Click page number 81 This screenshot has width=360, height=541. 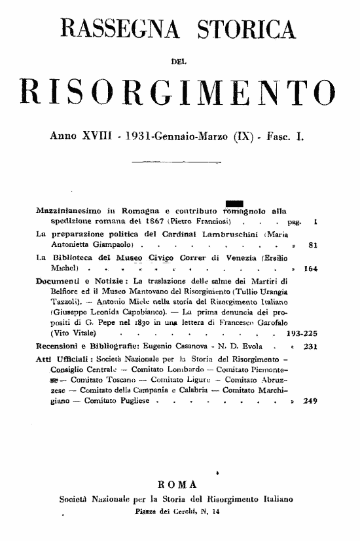tap(312, 246)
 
